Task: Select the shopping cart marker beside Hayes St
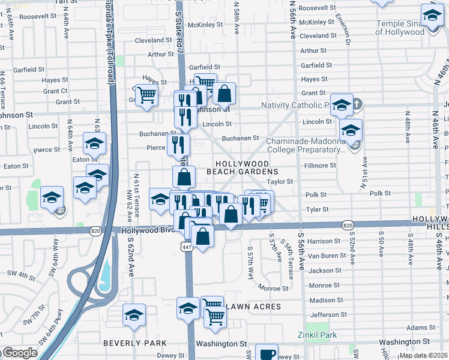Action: tap(146, 95)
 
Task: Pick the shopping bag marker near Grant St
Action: tap(224, 93)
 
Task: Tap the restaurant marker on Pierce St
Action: tap(178, 144)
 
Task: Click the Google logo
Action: tap(19, 353)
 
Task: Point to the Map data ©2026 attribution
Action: tap(423, 355)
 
